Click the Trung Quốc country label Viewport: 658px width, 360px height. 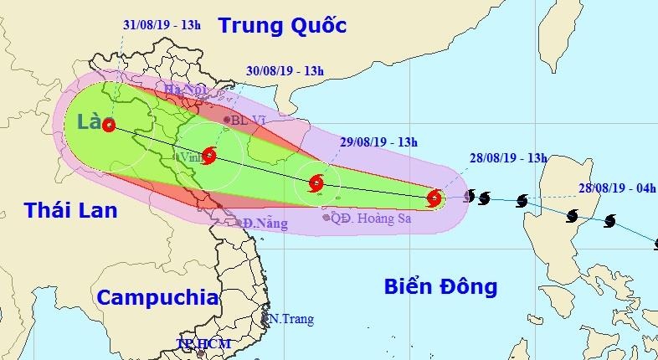[x=281, y=26]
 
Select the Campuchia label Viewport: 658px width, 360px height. [x=157, y=298]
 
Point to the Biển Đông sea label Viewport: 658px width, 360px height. [x=440, y=287]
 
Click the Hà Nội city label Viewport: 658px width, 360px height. [x=185, y=90]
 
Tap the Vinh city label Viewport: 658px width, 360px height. [x=189, y=157]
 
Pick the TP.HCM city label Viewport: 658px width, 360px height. [x=202, y=344]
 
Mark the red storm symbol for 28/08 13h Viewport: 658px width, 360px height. [x=434, y=198]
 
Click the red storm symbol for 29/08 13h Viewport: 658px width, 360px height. [x=316, y=183]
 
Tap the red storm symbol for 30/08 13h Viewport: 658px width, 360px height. [x=208, y=155]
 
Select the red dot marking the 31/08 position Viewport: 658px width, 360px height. [x=109, y=126]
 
